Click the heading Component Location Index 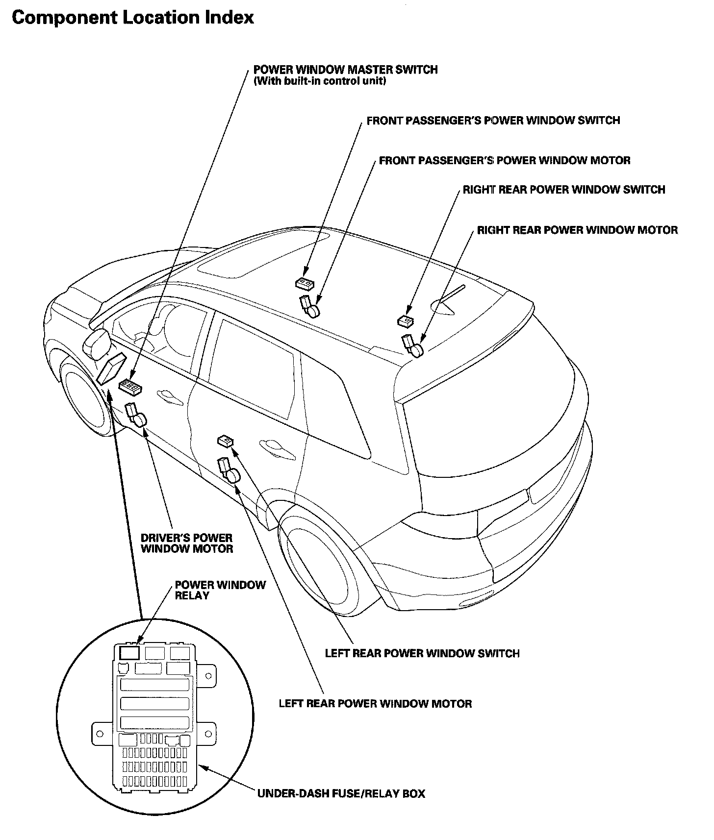132,18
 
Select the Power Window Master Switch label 345,70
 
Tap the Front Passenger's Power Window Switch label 493,121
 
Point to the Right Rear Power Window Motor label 577,230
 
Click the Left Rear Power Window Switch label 422,653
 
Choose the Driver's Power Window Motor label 186,543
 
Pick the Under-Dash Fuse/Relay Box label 341,793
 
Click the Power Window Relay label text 220,590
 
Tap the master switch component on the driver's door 131,387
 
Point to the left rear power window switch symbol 225,441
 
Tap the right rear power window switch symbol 405,321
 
